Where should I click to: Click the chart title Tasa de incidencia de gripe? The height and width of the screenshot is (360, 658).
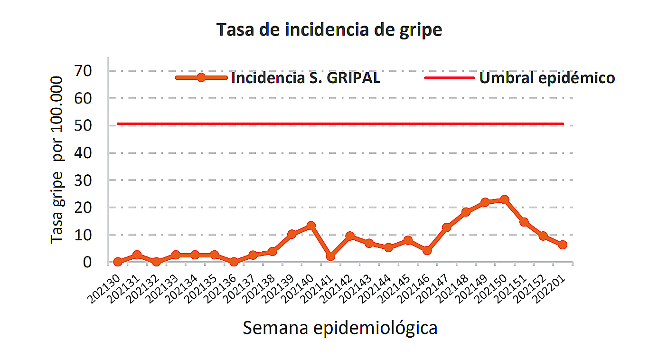(x=329, y=29)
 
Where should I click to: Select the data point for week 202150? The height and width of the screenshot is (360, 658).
(x=504, y=200)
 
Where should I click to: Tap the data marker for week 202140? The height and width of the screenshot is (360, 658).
(x=311, y=226)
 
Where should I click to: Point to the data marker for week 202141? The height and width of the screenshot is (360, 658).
(x=330, y=256)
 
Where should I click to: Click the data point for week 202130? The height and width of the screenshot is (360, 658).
(x=118, y=262)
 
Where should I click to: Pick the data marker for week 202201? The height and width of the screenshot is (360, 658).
(x=563, y=245)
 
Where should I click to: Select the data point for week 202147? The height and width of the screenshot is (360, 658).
(x=446, y=227)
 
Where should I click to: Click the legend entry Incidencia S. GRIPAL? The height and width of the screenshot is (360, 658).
(x=305, y=78)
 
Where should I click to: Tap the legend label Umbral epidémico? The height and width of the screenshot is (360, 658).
(x=547, y=78)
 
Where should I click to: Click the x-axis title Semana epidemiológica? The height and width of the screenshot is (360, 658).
(x=340, y=328)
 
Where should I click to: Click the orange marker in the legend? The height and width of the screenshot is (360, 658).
(x=201, y=78)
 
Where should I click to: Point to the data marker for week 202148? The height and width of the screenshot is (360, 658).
(x=466, y=212)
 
